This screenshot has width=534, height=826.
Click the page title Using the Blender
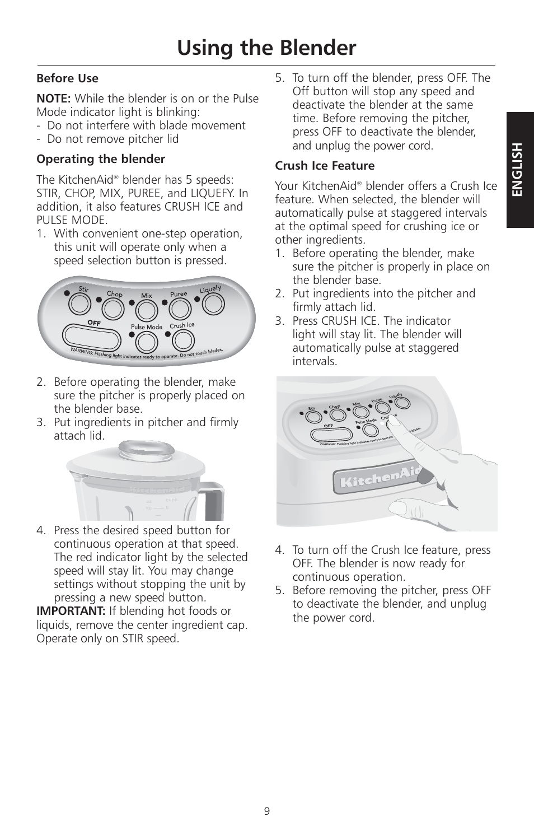pos(266,48)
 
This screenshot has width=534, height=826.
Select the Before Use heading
pos(67,78)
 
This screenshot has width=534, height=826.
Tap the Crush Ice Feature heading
pos(325,166)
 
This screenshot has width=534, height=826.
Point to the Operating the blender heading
pos(101,159)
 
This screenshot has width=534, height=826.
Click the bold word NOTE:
pos(54,99)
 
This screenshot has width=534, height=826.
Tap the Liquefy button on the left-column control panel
pos(213,304)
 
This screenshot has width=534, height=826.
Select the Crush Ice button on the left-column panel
pos(183,339)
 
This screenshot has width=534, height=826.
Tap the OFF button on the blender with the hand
pos(337,435)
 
